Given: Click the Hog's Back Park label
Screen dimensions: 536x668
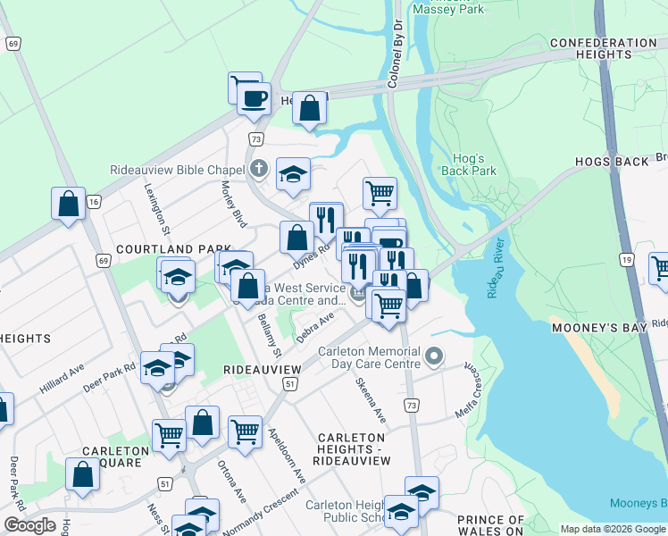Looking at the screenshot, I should click(468, 163).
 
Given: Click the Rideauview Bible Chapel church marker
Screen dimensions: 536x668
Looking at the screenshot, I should click(259, 168).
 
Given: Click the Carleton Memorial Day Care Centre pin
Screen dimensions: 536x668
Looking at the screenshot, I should click(434, 357).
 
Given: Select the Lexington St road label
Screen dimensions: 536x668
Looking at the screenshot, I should click(158, 205).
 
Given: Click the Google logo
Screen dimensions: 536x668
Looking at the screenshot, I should click(29, 525).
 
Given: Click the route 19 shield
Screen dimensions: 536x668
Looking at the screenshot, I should click(628, 260).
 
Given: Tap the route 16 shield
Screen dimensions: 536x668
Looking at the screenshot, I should click(93, 204).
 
